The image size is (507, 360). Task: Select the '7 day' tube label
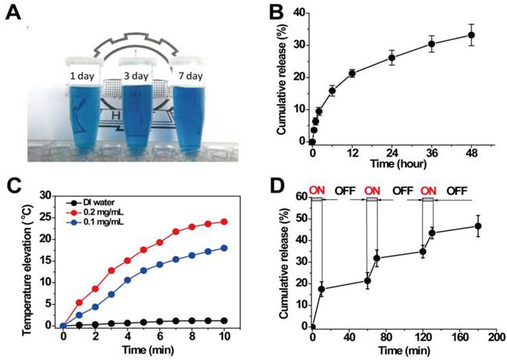(x=192, y=77)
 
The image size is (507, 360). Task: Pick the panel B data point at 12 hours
(x=352, y=73)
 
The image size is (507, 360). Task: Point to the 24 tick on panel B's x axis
(x=391, y=152)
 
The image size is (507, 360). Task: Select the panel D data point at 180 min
(x=477, y=226)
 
